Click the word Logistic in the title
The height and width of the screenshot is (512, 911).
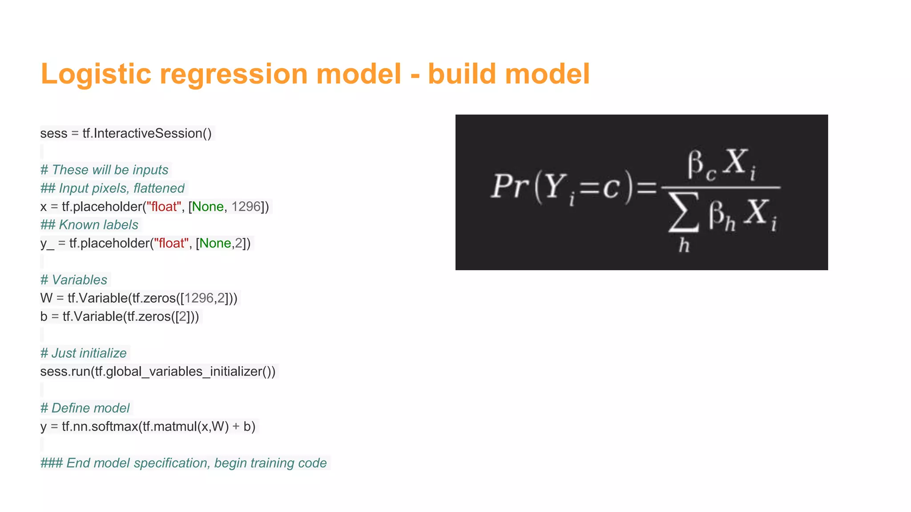point(96,74)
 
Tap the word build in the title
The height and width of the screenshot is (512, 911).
point(461,74)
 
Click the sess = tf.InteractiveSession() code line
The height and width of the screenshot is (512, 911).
point(126,133)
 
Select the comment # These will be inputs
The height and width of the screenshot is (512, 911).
point(104,170)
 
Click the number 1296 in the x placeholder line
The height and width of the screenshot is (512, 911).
point(246,207)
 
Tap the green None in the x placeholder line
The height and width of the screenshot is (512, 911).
point(207,207)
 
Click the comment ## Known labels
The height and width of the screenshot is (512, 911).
point(89,225)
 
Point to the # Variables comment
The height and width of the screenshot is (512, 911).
point(74,280)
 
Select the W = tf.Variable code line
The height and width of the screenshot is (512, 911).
point(139,298)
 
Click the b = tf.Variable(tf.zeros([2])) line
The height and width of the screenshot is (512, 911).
point(120,316)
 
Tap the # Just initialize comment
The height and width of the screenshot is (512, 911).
point(84,353)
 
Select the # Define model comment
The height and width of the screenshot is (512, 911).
point(85,408)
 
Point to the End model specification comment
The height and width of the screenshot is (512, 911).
point(183,463)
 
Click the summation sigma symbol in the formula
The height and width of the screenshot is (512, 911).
point(684,212)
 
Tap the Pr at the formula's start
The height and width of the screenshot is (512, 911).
point(509,186)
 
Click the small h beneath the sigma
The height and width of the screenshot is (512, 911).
point(684,245)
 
